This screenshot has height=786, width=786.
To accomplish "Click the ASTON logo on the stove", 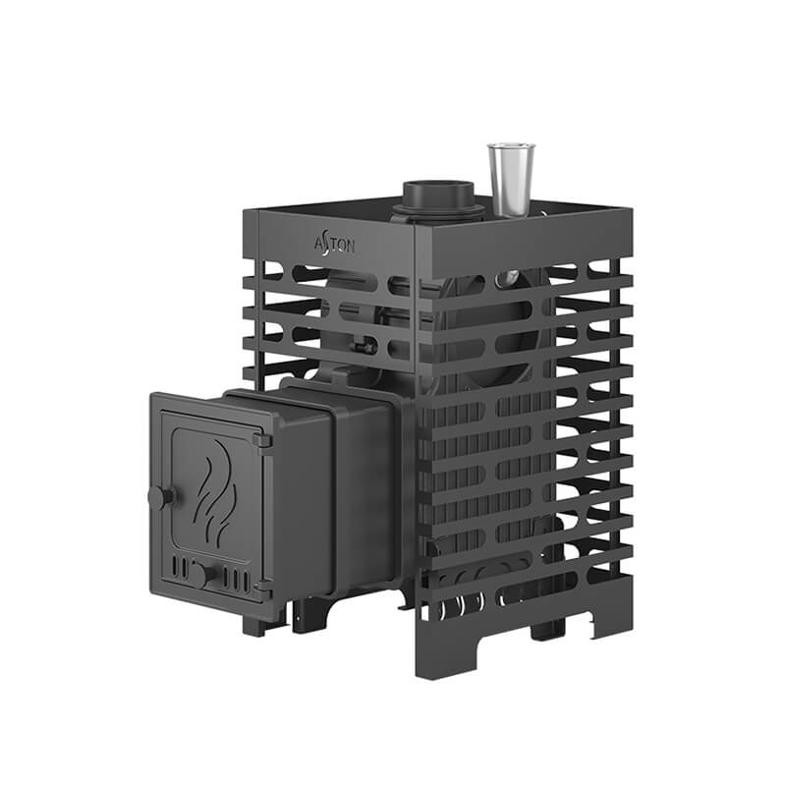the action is point(335,245).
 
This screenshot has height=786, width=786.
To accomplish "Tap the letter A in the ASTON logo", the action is point(319,244).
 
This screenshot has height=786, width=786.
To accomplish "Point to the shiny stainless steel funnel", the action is point(511,181).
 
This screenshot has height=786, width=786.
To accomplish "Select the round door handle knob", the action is point(161,497).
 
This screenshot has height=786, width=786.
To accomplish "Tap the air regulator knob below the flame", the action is point(201,575).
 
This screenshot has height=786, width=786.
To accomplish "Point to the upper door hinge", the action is point(262,440).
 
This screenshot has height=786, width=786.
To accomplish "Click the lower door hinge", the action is point(263,587).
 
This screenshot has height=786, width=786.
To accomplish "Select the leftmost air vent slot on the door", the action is point(175,566).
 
